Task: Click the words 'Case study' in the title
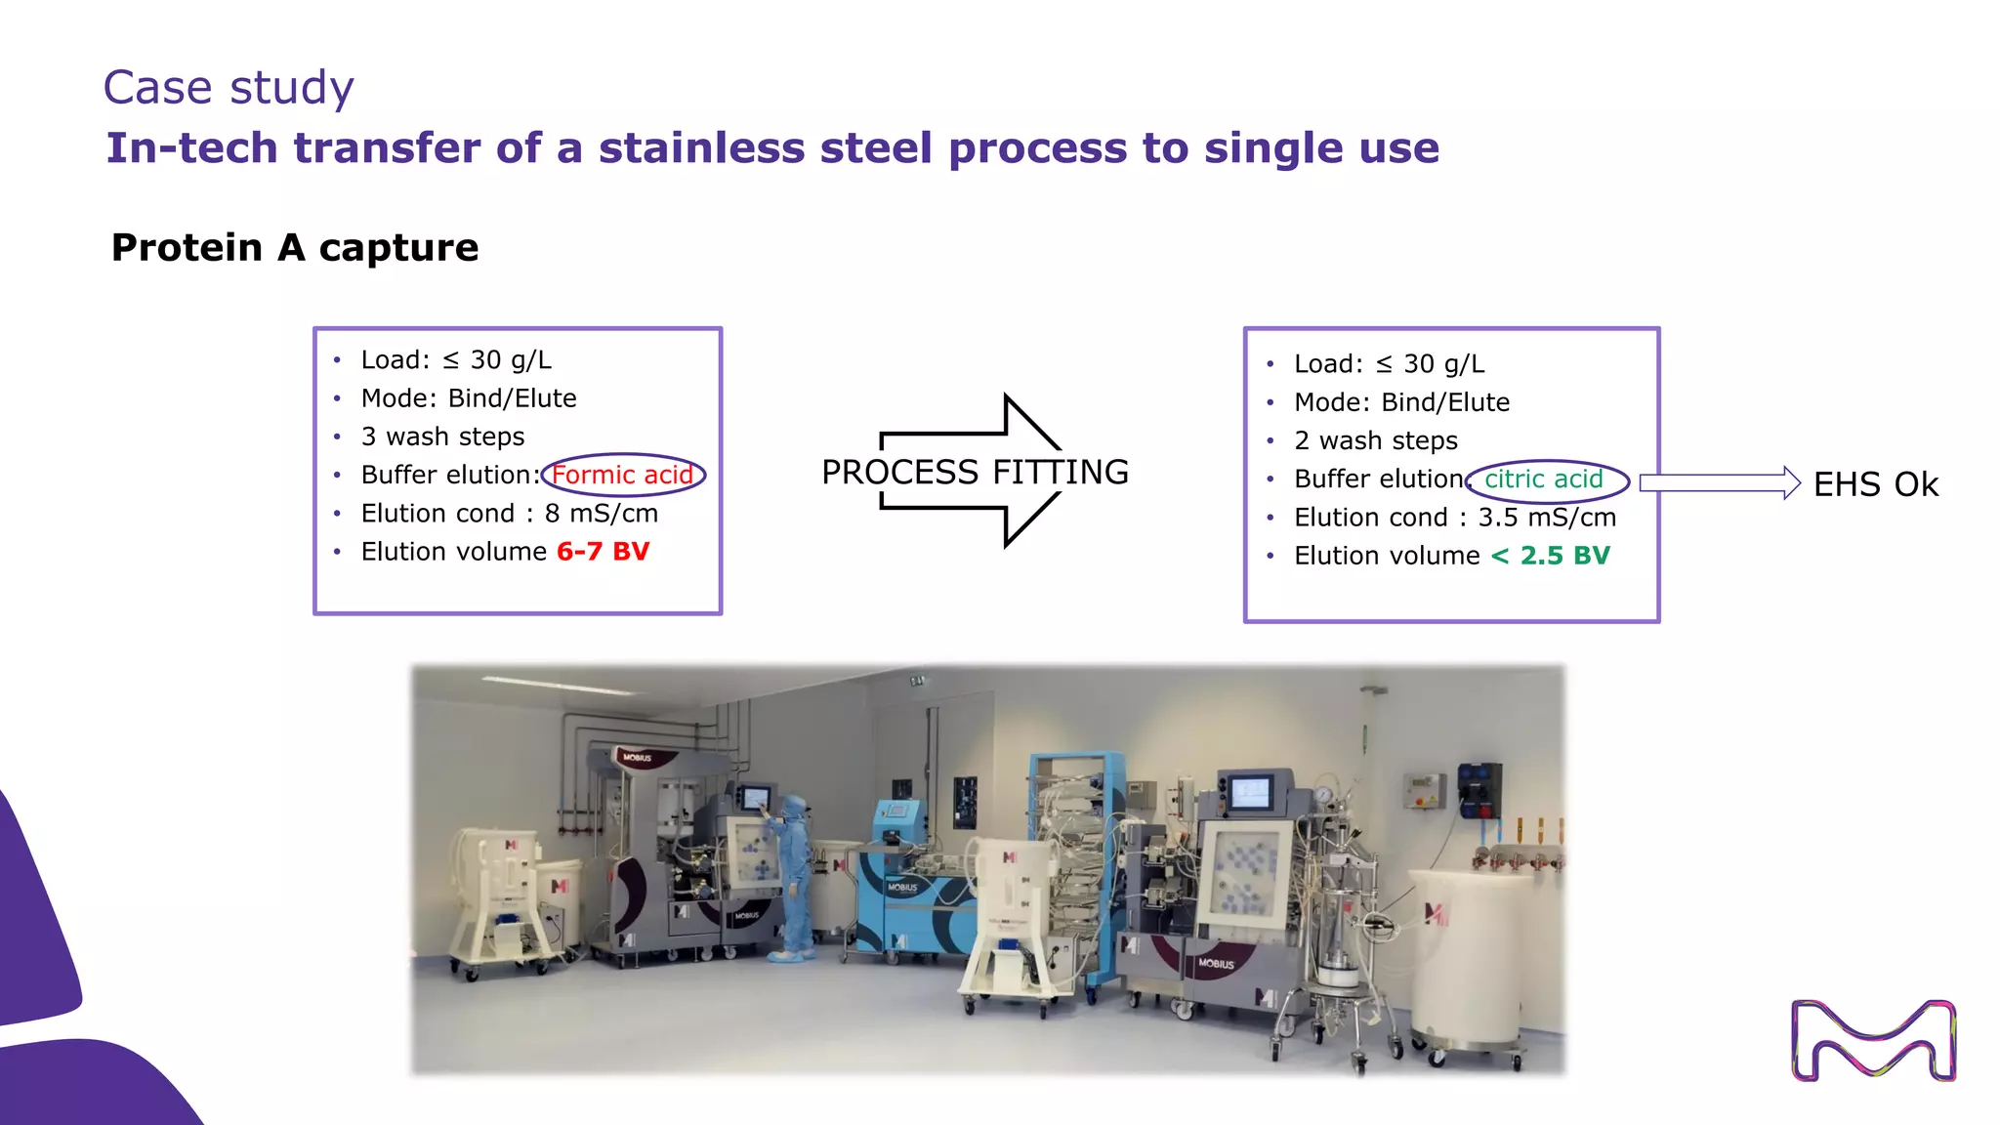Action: click(228, 88)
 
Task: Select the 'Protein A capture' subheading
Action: click(295, 248)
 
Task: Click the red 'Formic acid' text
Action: click(622, 476)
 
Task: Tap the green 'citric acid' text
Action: click(1544, 479)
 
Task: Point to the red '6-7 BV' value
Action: click(603, 552)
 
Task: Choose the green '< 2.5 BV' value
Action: click(1550, 556)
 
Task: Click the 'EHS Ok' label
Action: click(1875, 484)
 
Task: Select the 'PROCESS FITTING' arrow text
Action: click(975, 473)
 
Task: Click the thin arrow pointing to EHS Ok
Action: click(1719, 483)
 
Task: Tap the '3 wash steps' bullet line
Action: click(442, 437)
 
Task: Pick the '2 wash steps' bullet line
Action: click(1375, 441)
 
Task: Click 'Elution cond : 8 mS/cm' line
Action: click(509, 514)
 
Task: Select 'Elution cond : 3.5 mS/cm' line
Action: click(1455, 518)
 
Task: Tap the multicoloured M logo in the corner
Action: click(1873, 1040)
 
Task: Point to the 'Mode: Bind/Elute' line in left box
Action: click(468, 398)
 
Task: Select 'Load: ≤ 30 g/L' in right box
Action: click(1389, 364)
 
